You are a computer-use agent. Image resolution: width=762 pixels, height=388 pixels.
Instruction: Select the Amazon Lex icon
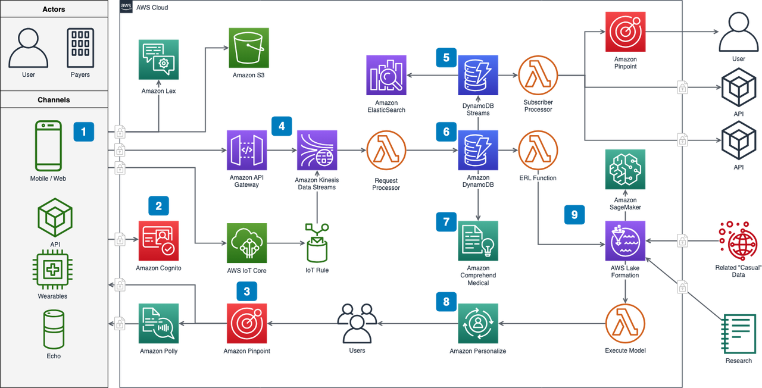tap(158, 60)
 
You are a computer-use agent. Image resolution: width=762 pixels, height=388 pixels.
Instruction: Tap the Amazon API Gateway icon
tap(246, 150)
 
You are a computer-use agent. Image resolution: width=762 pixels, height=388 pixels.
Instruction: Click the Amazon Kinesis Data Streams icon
tap(317, 150)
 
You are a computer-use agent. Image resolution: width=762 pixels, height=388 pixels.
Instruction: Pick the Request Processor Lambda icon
tap(387, 150)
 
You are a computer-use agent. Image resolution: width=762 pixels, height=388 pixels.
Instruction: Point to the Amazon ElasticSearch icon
tap(387, 75)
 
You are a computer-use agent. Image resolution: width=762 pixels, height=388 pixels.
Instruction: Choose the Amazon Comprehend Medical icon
tap(478, 240)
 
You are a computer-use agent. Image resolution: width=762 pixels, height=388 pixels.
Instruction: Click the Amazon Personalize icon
tap(478, 323)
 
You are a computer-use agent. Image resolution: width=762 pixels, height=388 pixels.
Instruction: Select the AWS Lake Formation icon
tap(625, 240)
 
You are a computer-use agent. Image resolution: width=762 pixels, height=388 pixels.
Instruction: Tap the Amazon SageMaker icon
tap(625, 170)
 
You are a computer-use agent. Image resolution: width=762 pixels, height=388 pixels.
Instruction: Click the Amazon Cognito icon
tap(158, 240)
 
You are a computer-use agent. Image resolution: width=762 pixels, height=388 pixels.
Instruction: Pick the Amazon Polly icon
tap(158, 323)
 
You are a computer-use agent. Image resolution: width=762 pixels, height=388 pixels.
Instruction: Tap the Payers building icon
tap(80, 48)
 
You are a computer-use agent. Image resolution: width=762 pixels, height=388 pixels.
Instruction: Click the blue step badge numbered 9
tap(574, 215)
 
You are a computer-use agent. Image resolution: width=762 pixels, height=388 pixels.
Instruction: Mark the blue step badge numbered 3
tap(247, 291)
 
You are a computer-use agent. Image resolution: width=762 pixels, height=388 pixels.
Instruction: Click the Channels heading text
tap(54, 100)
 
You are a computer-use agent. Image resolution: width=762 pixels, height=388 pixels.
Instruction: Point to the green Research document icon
tap(738, 333)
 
